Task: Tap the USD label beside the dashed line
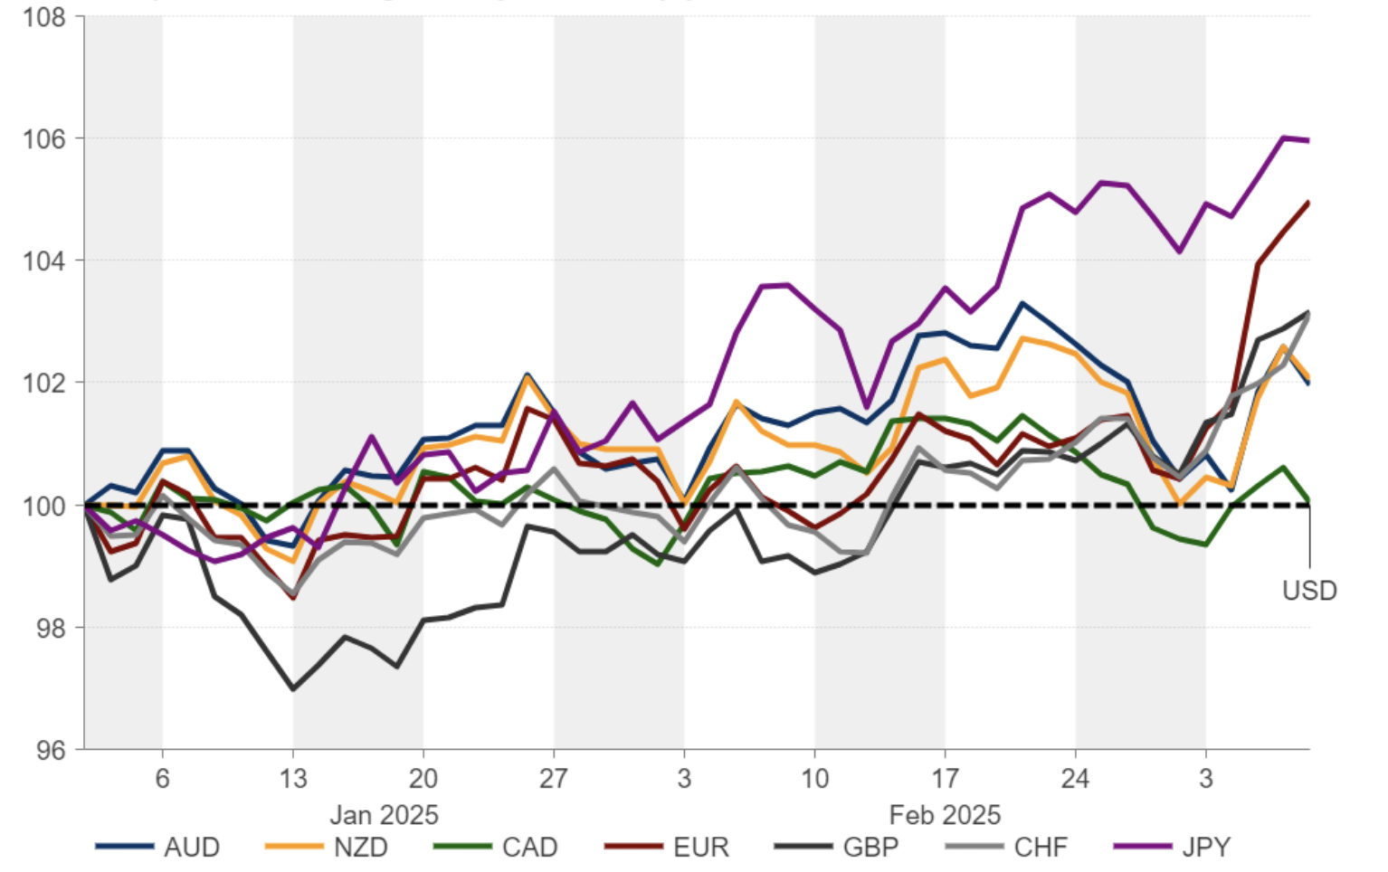tap(1308, 591)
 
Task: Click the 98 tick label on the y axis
tap(50, 628)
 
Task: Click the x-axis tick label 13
tap(292, 779)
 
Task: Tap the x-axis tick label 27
tap(553, 779)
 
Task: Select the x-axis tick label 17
tap(945, 779)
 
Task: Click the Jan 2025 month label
tap(384, 815)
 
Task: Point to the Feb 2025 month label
tap(945, 815)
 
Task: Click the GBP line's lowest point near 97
tap(292, 689)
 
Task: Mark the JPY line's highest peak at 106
tap(1283, 137)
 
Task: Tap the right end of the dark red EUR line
tap(1308, 203)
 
